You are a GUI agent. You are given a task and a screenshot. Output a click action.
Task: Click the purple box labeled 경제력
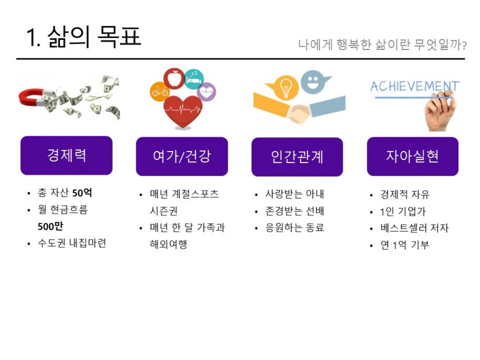pos(66,155)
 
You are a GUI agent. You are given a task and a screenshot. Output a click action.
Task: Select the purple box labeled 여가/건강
pos(182,156)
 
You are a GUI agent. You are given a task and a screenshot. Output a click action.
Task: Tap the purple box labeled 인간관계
pos(297,157)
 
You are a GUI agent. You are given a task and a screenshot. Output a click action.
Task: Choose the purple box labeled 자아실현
pos(413,156)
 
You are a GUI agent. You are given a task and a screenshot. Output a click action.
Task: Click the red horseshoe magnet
pos(31,98)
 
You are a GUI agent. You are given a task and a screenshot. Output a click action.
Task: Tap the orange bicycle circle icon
pos(159,92)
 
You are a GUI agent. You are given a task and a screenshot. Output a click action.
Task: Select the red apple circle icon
pos(174,78)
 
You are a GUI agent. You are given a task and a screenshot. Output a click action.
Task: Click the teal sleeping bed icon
pos(194,79)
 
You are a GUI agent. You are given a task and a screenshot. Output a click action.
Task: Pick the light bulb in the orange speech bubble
pos(285,88)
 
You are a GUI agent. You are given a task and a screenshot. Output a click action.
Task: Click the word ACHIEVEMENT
pos(415,86)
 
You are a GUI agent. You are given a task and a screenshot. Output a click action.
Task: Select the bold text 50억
pos(82,193)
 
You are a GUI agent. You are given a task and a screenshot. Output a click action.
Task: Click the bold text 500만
pos(50,226)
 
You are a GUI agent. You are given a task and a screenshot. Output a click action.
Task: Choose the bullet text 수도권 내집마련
pos(72,243)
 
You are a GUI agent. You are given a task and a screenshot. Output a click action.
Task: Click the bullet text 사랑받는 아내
pos(295,194)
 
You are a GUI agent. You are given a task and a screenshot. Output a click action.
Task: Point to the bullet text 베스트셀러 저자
pos(415,228)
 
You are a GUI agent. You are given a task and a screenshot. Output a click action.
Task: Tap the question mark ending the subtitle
pos(464,46)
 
